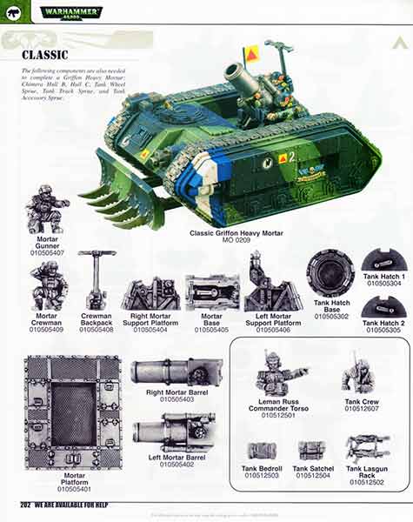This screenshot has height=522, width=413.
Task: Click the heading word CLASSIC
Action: click(44, 55)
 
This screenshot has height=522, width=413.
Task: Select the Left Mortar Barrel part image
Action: click(175, 432)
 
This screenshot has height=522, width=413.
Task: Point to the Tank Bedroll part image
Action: click(261, 451)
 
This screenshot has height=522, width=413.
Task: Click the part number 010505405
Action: click(211, 331)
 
